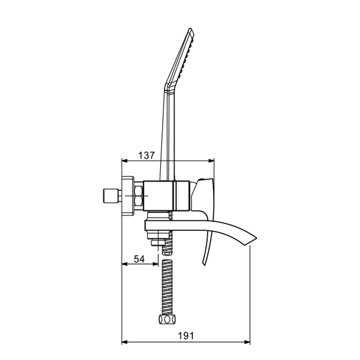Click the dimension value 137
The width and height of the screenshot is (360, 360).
click(147, 156)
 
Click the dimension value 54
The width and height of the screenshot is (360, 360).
click(139, 259)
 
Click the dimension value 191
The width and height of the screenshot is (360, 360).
click(186, 336)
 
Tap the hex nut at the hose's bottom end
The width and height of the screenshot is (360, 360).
click(167, 319)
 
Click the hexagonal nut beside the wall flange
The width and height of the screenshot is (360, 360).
click(138, 196)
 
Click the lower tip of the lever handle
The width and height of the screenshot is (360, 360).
click(204, 264)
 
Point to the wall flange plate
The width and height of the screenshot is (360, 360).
click(128, 196)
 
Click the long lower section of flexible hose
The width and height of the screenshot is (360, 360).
click(167, 286)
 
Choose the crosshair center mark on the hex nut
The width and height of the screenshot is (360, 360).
click(138, 196)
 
